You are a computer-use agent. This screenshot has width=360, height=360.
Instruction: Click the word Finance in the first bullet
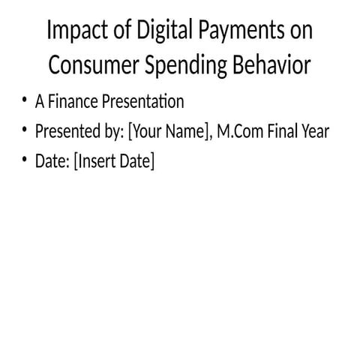[73, 101]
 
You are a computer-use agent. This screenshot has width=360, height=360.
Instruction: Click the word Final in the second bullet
[283, 131]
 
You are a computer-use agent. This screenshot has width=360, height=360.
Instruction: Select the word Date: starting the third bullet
[52, 161]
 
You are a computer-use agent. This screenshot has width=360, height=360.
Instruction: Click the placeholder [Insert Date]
[114, 162]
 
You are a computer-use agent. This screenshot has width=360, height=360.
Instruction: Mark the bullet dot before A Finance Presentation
[25, 101]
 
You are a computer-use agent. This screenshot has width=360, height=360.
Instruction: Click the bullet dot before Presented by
[25, 131]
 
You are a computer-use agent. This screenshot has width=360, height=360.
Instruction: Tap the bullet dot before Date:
[25, 161]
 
